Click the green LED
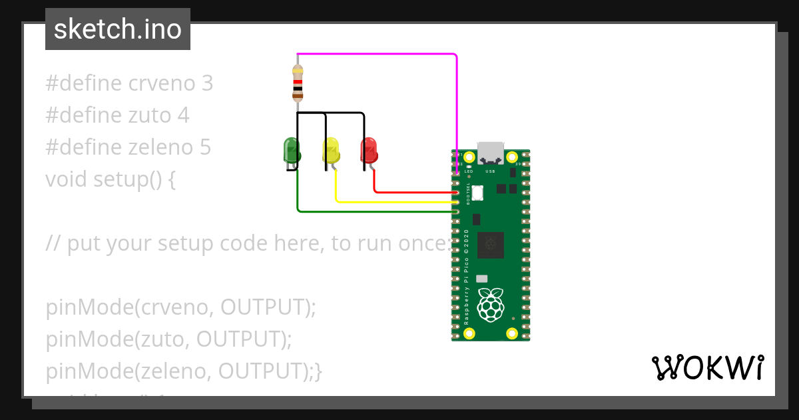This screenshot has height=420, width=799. pos(291,150)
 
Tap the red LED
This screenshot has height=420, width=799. pos(369,150)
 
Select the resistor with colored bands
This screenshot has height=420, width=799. pos(298,83)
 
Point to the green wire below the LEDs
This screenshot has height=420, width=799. pos(373,211)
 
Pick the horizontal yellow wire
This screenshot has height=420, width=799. pos(393,201)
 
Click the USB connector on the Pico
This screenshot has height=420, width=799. pos(491,153)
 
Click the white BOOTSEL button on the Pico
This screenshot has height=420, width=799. pos(478,193)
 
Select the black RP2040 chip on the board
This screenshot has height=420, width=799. pos(491,244)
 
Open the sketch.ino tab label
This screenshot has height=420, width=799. pos(118,29)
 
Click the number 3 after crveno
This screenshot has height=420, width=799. pos(207,83)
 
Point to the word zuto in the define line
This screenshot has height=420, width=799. pos(150,115)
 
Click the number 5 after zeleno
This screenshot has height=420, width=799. pos(205,147)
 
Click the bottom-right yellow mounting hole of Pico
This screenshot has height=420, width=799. pos(512,333)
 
